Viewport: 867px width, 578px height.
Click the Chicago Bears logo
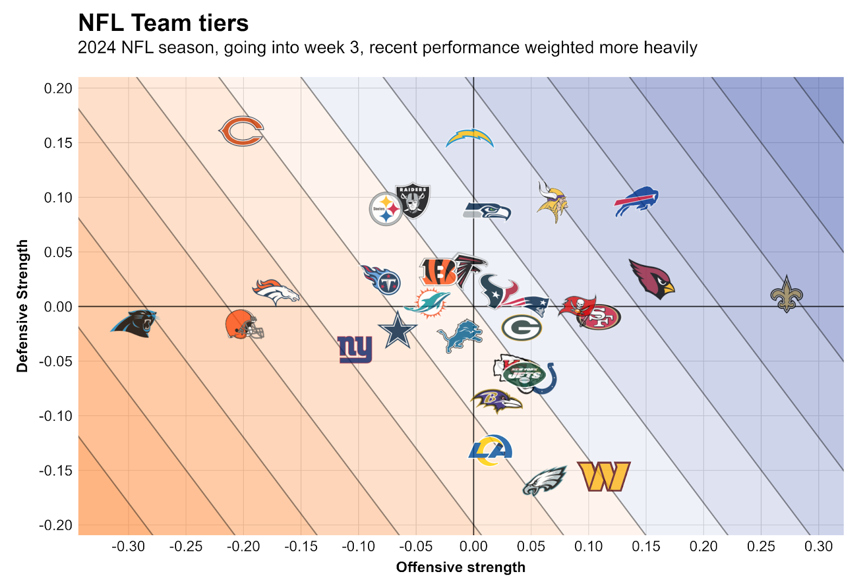[x=242, y=131]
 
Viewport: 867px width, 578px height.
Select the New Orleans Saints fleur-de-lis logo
[x=786, y=294]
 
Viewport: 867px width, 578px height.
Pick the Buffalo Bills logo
[x=636, y=201]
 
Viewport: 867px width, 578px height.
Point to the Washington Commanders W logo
[x=604, y=476]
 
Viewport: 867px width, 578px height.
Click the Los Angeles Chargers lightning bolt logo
[x=470, y=139]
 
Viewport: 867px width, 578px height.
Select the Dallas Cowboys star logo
[x=397, y=330]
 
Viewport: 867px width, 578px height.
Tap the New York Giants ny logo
[x=355, y=349]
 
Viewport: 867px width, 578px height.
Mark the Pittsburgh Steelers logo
[x=385, y=209]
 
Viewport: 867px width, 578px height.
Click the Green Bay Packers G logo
[x=521, y=327]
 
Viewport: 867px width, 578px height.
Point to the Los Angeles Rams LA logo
[x=490, y=450]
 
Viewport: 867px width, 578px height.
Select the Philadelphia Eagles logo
[x=544, y=480]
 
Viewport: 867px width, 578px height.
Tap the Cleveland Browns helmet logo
[x=244, y=324]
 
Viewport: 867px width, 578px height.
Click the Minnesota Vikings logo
[x=552, y=202]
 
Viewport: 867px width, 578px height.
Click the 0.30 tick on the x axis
[x=818, y=547]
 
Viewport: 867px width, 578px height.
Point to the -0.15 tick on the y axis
[x=55, y=471]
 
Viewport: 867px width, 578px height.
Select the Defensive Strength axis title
[x=22, y=306]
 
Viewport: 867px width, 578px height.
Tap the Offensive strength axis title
[x=461, y=567]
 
